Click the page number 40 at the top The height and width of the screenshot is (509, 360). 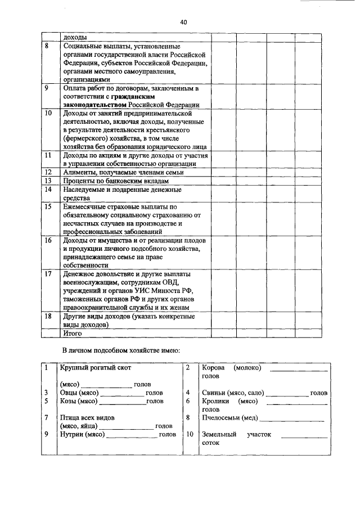(x=183, y=22)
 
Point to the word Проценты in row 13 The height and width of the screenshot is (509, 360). (x=80, y=181)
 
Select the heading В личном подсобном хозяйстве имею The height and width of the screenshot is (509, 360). (x=121, y=351)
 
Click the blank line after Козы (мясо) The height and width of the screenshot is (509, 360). (x=122, y=402)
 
